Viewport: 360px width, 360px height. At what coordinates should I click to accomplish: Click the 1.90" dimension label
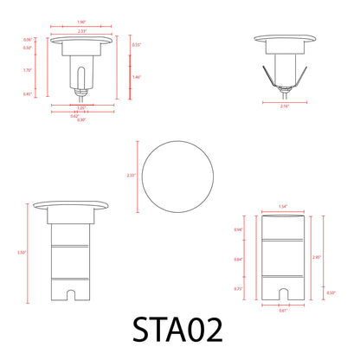(x=80, y=22)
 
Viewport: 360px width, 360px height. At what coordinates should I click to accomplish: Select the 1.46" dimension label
(x=137, y=78)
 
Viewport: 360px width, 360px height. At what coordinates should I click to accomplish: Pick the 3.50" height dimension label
(x=21, y=252)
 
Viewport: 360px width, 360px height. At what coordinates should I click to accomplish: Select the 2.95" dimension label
(x=317, y=257)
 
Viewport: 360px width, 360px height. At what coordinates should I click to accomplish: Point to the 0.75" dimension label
(x=238, y=289)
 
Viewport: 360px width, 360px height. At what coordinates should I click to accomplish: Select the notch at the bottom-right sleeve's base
(x=282, y=293)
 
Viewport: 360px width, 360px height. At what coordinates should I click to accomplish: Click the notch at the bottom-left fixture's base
(x=68, y=297)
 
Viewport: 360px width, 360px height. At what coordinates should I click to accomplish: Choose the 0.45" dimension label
(x=28, y=93)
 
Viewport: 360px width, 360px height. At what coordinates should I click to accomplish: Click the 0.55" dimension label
(x=136, y=44)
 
